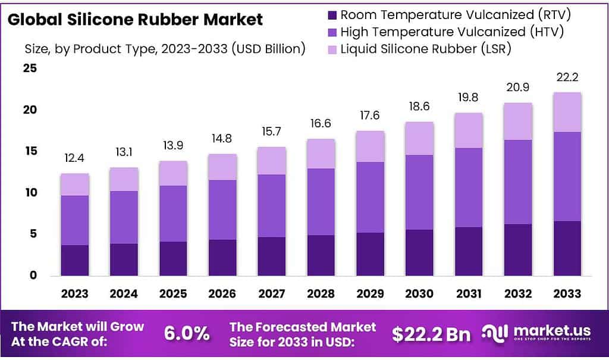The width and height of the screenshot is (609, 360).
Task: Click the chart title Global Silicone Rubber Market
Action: pos(135,20)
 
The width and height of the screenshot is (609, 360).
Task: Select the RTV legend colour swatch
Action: pos(332,14)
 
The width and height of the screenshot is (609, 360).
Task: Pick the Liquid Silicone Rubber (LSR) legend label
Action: pos(426,48)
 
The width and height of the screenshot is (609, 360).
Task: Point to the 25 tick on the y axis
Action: pos(30,68)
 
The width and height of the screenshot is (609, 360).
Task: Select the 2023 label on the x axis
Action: pos(74,293)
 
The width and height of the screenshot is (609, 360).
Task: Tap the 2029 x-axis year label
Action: pos(370,293)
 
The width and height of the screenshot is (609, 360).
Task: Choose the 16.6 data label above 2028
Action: pos(320,125)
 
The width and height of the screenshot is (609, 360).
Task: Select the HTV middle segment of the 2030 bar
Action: pos(419,192)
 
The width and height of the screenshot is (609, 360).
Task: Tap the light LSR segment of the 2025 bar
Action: pos(173,173)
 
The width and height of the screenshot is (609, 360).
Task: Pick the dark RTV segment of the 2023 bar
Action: pos(74,260)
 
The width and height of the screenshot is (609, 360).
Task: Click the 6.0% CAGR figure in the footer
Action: pos(187,334)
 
